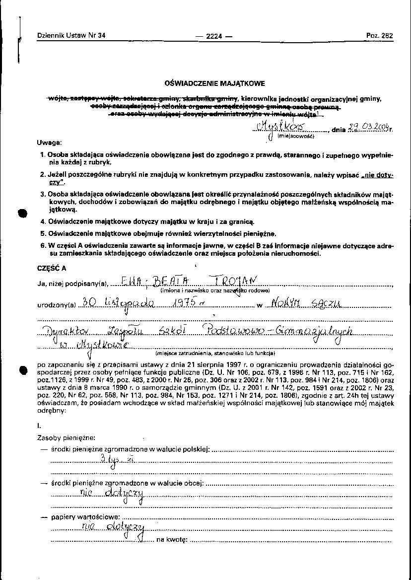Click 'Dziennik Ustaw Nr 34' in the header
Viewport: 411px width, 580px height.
tap(71, 35)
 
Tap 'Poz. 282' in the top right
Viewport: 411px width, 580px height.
tap(380, 36)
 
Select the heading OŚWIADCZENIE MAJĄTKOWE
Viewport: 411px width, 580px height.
tap(215, 83)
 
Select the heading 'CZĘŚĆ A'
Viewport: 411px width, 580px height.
tap(52, 268)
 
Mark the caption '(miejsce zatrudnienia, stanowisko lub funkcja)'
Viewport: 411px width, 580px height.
tap(215, 354)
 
